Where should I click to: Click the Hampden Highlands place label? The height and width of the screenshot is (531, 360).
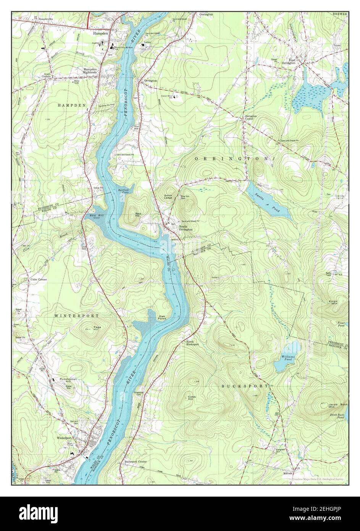(91, 71)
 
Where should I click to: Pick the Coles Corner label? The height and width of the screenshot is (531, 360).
(39, 280)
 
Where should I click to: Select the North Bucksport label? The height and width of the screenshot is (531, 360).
(193, 343)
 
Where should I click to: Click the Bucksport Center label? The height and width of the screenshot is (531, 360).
(135, 461)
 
